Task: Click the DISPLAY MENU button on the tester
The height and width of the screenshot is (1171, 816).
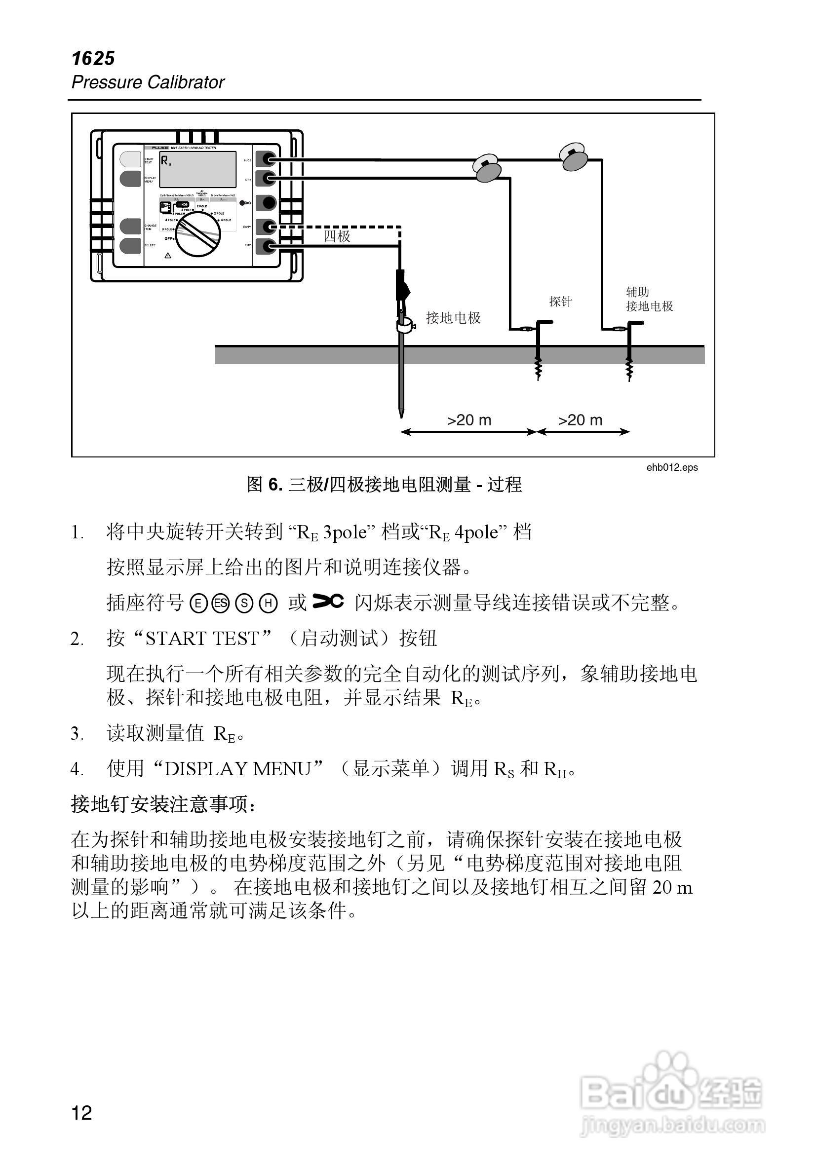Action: pyautogui.click(x=130, y=179)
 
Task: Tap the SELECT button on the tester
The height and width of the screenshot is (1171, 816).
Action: pyautogui.click(x=130, y=245)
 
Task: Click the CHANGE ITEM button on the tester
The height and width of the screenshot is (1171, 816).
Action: pyautogui.click(x=130, y=226)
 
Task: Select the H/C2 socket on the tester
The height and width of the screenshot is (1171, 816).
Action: pyautogui.click(x=266, y=159)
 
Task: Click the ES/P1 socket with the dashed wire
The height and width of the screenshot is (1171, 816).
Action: pyautogui.click(x=266, y=227)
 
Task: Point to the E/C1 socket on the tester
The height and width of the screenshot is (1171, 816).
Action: pyautogui.click(x=266, y=246)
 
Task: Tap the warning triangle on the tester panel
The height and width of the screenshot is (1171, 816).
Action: pyautogui.click(x=168, y=255)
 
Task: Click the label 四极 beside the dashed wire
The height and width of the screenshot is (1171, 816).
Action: pyautogui.click(x=337, y=236)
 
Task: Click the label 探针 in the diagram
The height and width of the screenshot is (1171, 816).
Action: pyautogui.click(x=560, y=302)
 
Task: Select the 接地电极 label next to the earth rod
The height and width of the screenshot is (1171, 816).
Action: pyautogui.click(x=453, y=318)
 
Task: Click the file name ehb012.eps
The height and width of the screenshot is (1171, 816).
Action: pyautogui.click(x=671, y=467)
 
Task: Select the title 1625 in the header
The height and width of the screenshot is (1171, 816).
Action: pyautogui.click(x=93, y=59)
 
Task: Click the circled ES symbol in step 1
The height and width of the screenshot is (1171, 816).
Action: pyautogui.click(x=221, y=604)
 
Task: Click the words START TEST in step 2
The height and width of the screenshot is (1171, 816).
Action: pyautogui.click(x=202, y=639)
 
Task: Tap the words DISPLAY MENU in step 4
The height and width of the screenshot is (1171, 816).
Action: pyautogui.click(x=237, y=769)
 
